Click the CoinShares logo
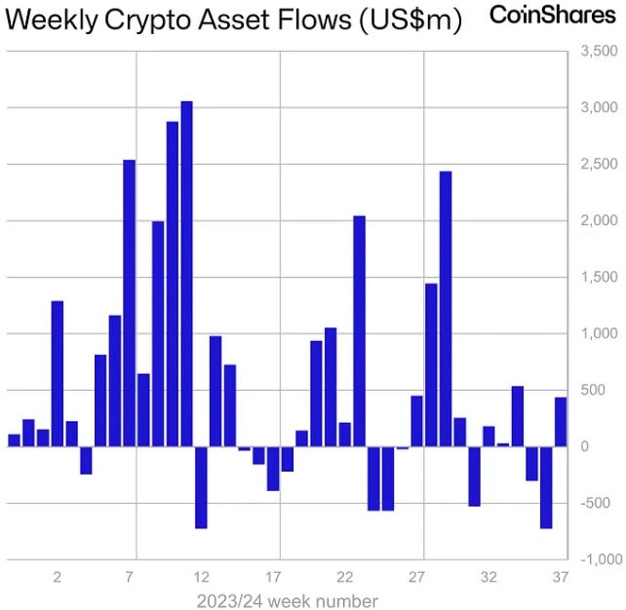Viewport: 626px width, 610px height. coord(553,15)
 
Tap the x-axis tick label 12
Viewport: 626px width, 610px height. coord(202,577)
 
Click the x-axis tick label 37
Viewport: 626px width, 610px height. coord(561,577)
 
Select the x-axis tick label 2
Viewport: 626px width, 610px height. coord(58,577)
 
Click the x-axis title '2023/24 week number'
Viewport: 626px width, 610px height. coord(287,600)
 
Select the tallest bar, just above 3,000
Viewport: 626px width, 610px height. coord(187,274)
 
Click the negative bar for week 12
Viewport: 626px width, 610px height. coord(201,487)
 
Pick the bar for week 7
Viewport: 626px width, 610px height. coord(130,303)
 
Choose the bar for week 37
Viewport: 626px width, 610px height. coord(561,422)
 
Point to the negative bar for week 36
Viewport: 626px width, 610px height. coord(546,487)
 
